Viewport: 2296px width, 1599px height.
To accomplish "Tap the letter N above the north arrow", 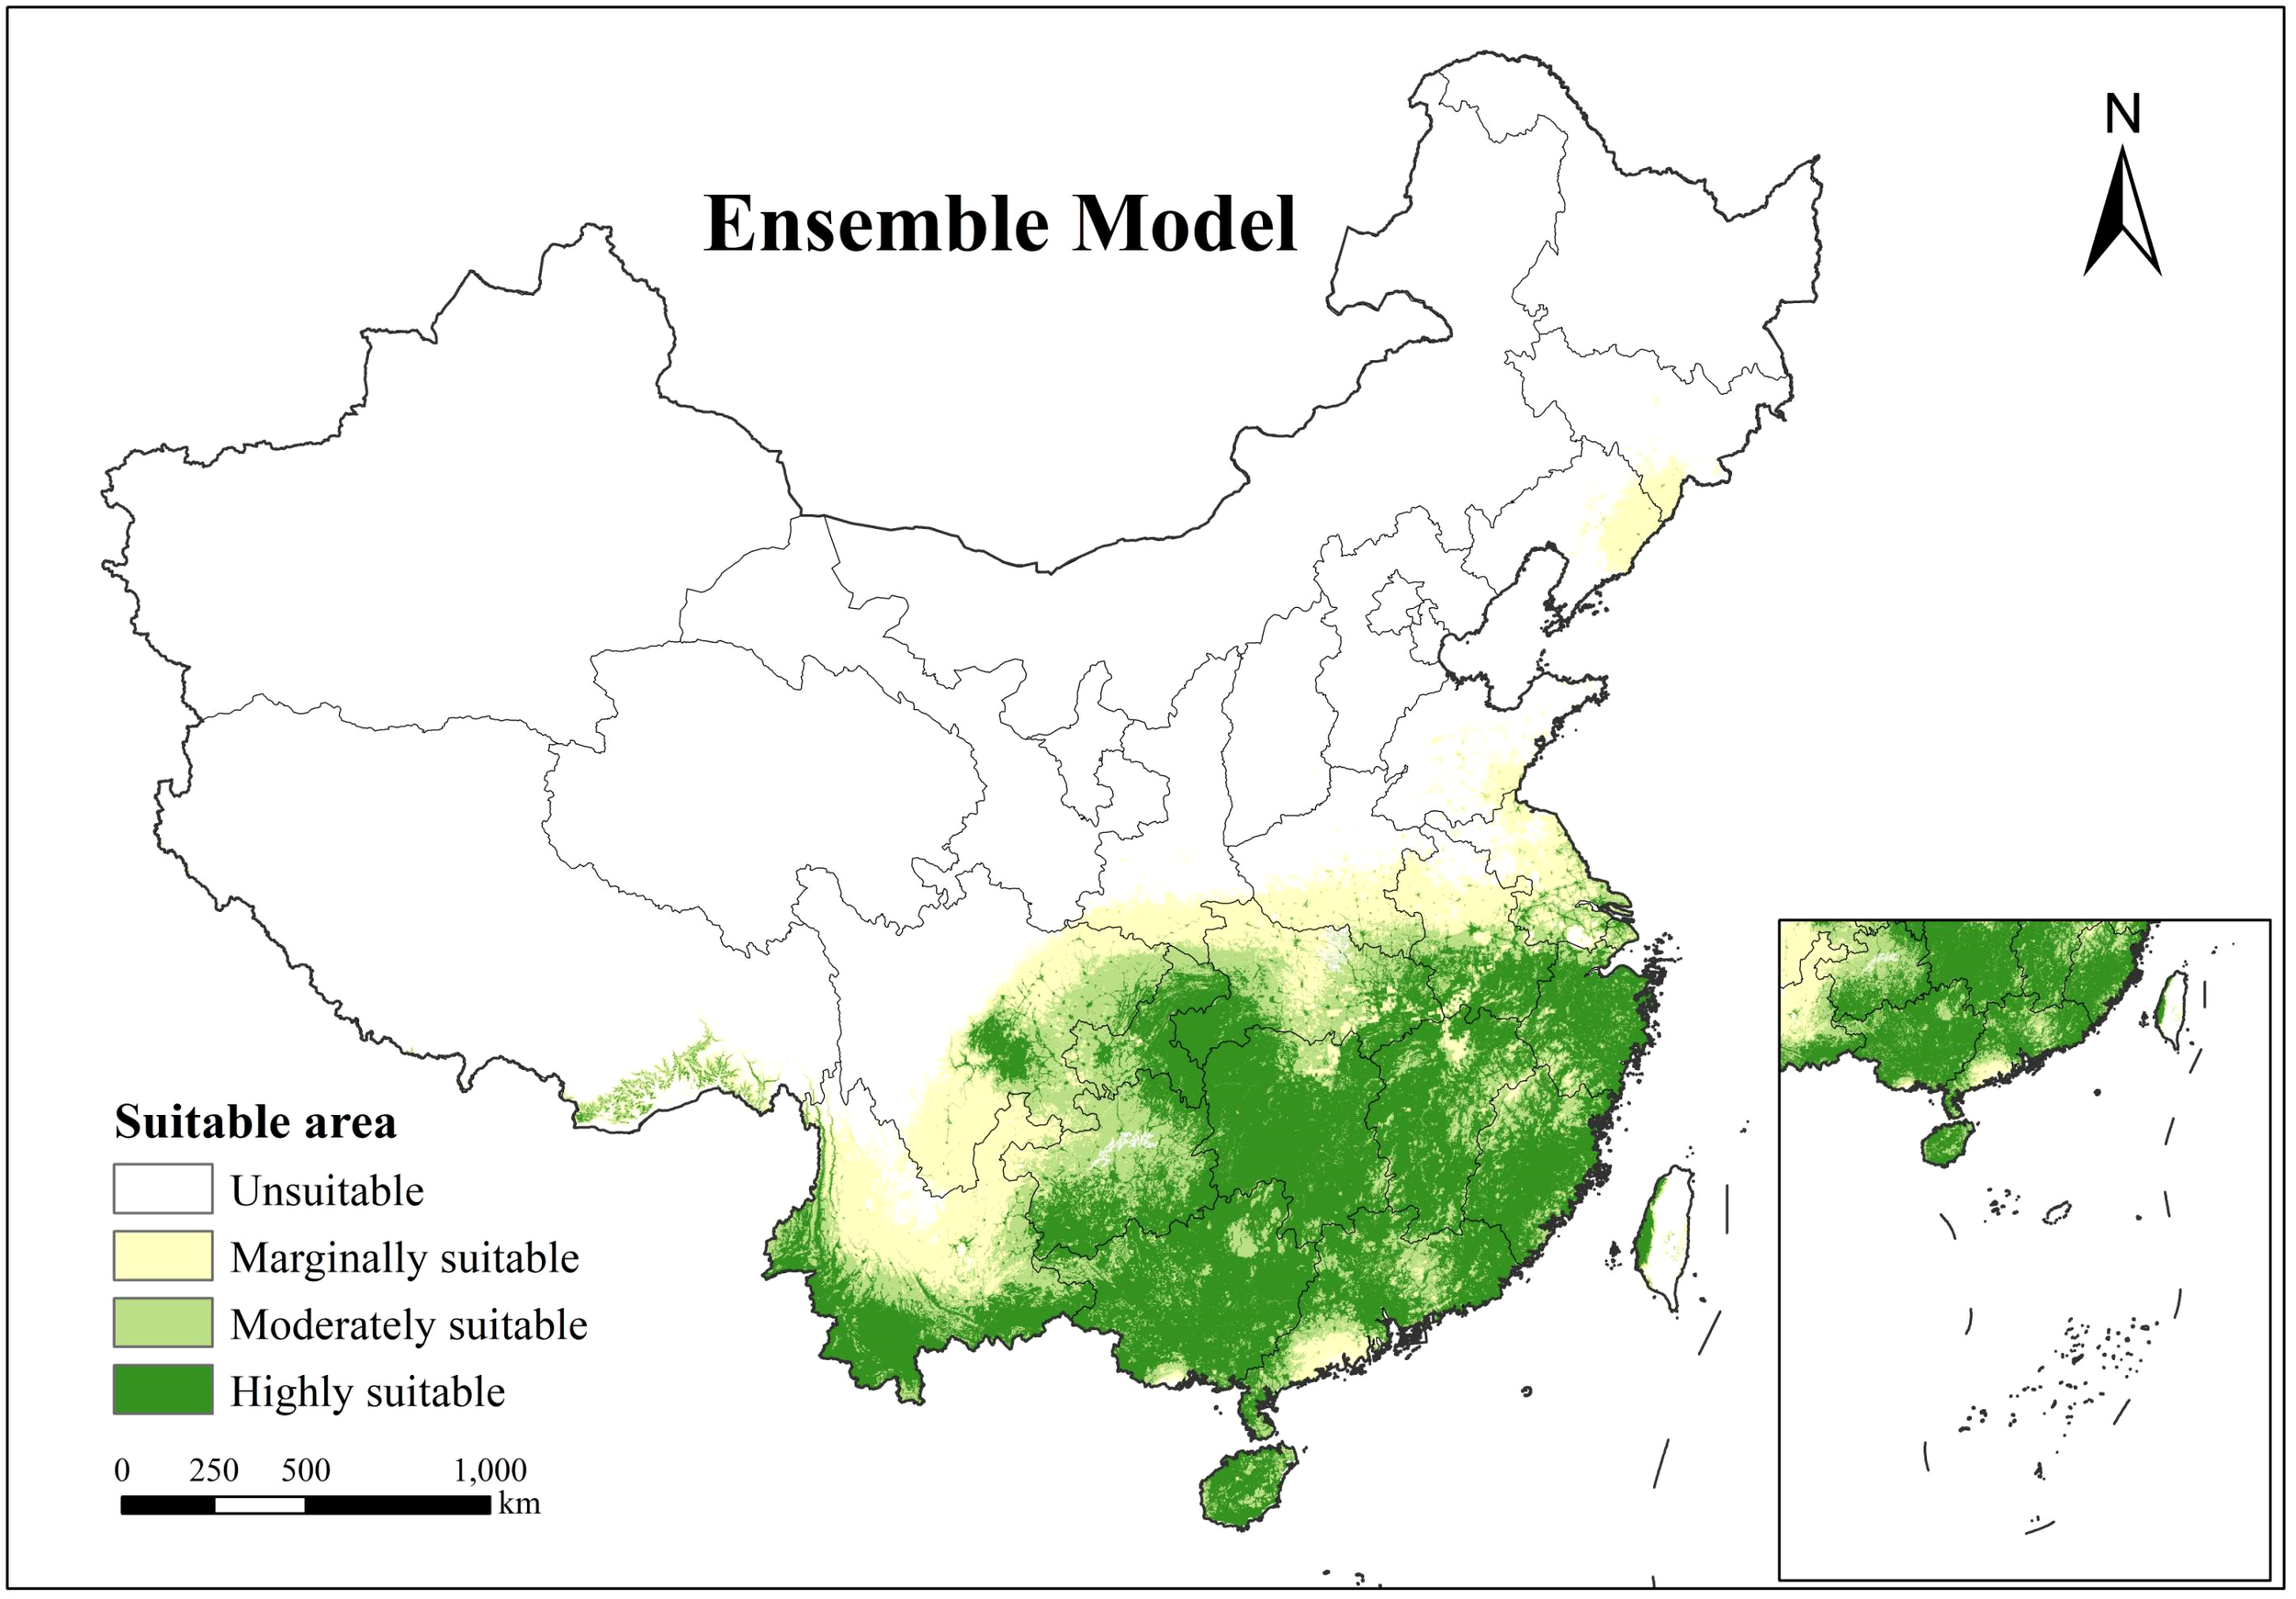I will click(x=2122, y=115).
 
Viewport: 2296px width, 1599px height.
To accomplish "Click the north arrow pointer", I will click(x=2122, y=215).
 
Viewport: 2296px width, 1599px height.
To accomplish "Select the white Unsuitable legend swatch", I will click(x=162, y=1189).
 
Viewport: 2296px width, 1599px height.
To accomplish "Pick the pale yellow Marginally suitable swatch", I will click(x=162, y=1256).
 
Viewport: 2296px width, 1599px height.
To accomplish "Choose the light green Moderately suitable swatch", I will click(x=162, y=1323).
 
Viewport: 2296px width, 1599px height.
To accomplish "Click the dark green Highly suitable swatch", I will click(x=162, y=1390).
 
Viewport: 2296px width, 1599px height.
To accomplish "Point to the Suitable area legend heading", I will click(x=255, y=1122).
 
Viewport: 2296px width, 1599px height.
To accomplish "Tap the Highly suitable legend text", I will click(x=367, y=1392).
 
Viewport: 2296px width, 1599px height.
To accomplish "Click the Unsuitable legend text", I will click(x=327, y=1191).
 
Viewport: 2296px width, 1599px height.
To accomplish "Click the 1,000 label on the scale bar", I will click(x=490, y=1471).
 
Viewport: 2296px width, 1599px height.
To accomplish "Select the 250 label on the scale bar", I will click(x=213, y=1471).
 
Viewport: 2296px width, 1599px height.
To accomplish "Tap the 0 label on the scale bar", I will click(x=122, y=1471).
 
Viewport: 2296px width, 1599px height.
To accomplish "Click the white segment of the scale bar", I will click(x=259, y=1505).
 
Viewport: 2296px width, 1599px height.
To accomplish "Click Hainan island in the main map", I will click(x=1246, y=1487).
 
